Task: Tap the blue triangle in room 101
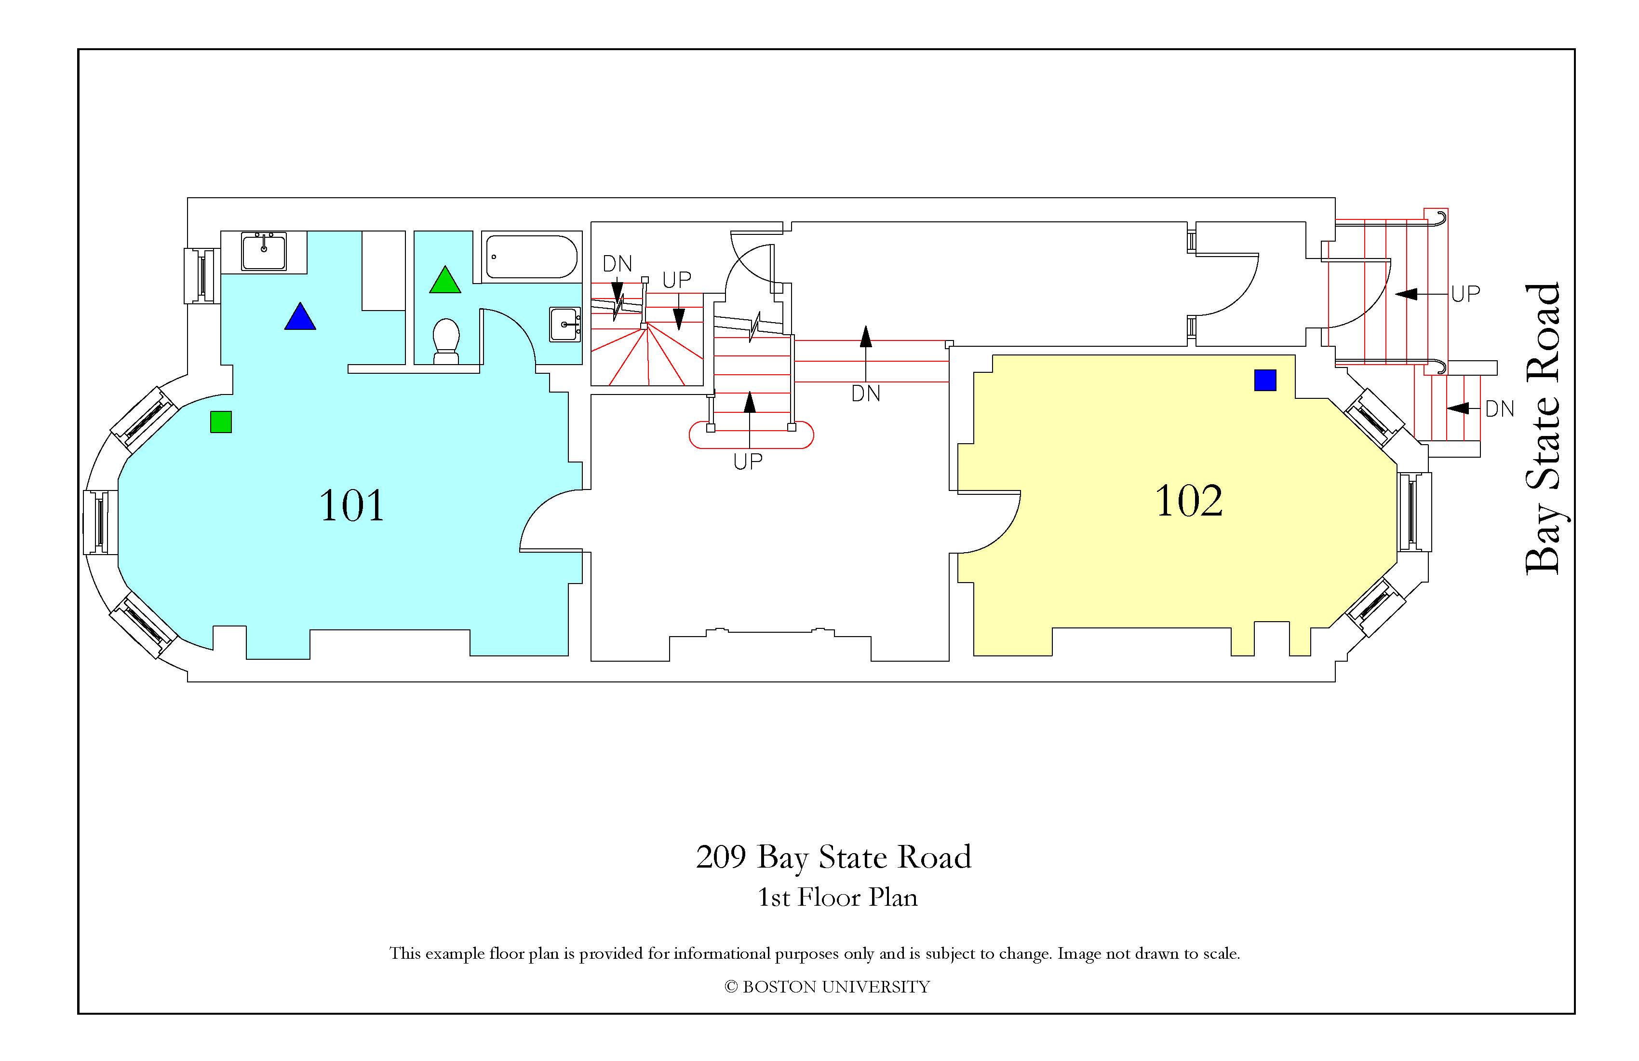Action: [x=300, y=316]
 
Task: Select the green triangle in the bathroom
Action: [x=445, y=280]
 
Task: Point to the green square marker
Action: [x=221, y=422]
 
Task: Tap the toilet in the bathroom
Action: [x=446, y=341]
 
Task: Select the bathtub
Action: [x=531, y=256]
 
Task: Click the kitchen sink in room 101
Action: [x=264, y=251]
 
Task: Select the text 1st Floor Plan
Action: [x=837, y=897]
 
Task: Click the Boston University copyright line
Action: [x=827, y=987]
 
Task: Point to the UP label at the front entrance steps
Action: [x=1465, y=294]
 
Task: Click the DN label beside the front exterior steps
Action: [x=1500, y=409]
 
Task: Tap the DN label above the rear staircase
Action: [x=617, y=264]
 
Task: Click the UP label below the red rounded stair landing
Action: [x=748, y=462]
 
